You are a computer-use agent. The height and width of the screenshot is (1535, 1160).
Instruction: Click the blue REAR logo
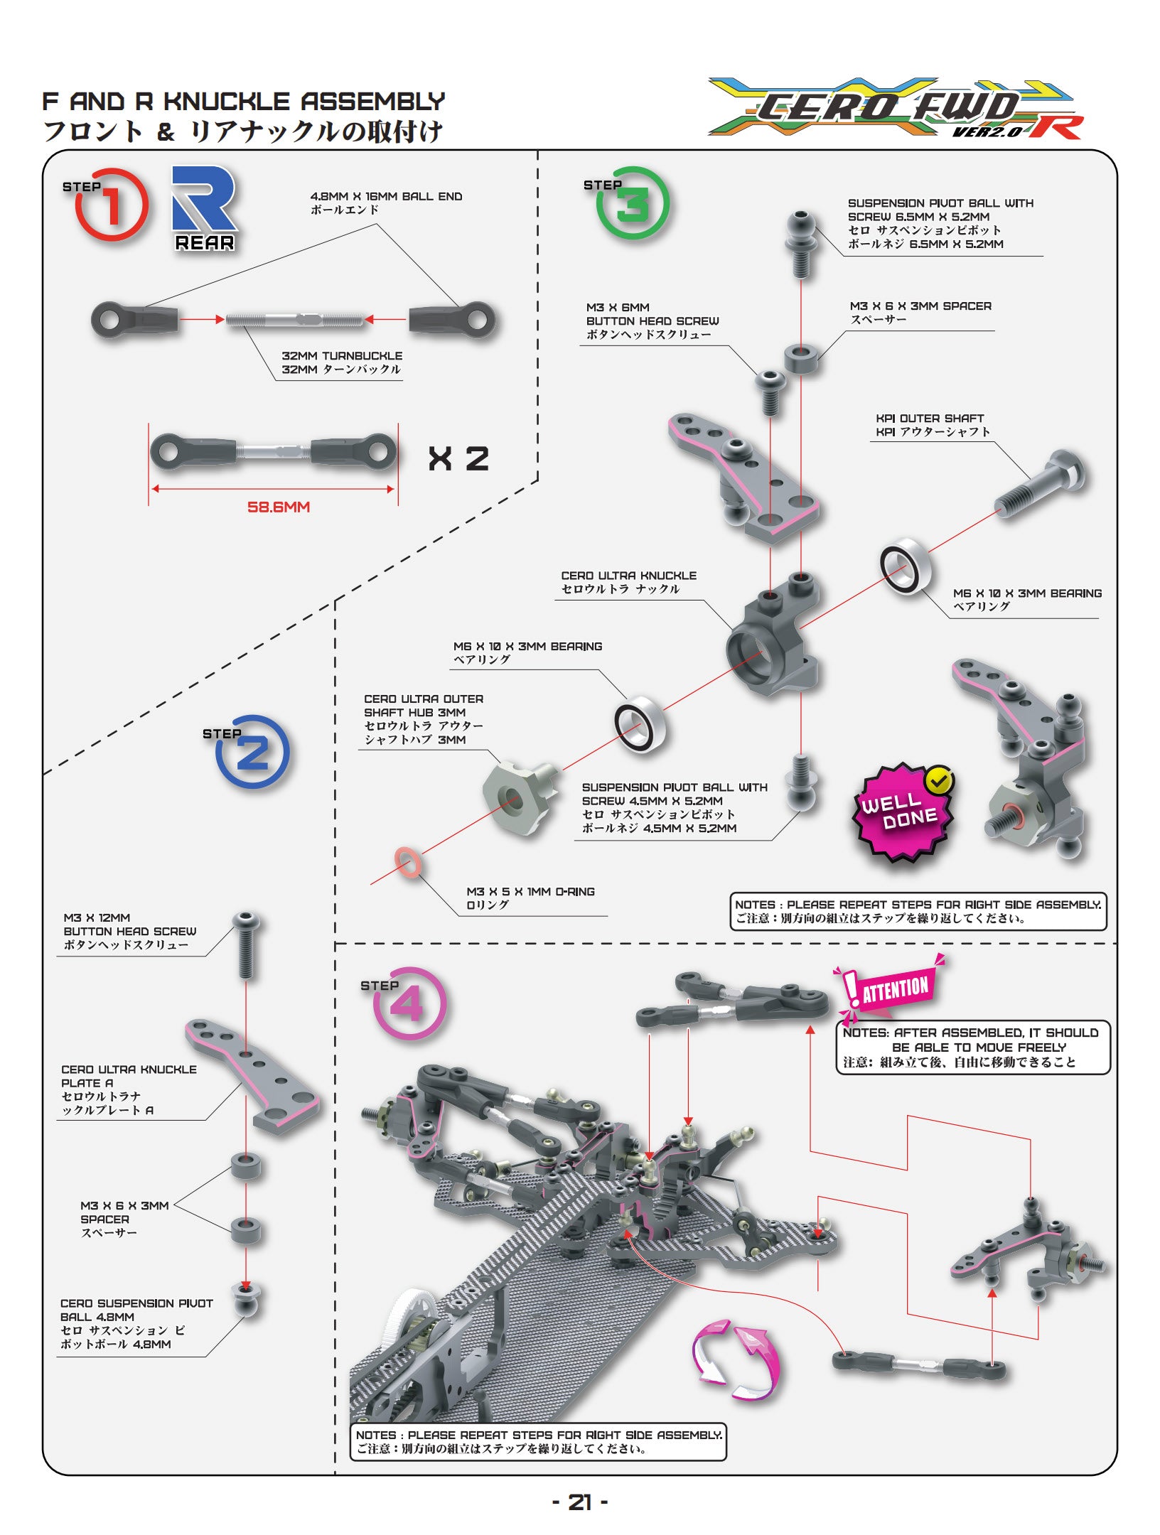coord(204,208)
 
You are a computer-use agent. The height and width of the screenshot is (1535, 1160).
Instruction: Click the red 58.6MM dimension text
coord(279,507)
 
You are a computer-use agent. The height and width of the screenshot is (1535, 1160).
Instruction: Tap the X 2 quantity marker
coord(458,459)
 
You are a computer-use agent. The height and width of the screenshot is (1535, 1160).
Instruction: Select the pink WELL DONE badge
coord(903,812)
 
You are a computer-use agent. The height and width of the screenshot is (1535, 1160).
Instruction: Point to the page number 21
coord(580,1502)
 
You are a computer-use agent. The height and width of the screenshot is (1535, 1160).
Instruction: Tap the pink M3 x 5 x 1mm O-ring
coord(407,863)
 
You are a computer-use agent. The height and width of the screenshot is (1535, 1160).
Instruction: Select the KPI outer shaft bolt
coord(1040,483)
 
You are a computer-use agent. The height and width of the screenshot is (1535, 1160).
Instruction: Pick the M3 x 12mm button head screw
coord(246,946)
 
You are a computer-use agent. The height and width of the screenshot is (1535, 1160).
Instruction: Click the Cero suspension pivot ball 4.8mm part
coord(246,1300)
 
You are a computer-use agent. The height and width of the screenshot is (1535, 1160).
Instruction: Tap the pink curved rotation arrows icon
coord(735,1360)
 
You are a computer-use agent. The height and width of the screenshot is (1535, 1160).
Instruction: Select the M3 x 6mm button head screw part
coord(770,392)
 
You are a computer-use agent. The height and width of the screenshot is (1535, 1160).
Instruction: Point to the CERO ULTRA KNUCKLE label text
coord(628,576)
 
